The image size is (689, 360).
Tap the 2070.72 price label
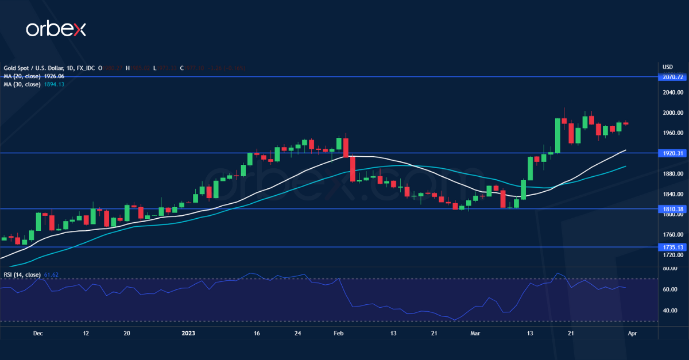click(672, 77)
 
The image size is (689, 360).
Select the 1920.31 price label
click(672, 153)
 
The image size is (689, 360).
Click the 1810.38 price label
click(672, 209)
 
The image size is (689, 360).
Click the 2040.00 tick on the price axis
click(672, 92)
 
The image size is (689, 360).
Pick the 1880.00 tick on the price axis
click(672, 173)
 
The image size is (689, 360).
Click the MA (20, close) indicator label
click(22, 76)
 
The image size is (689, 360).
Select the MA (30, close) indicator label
click(22, 84)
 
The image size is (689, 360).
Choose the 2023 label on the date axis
click(188, 333)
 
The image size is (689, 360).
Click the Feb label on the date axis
click(338, 333)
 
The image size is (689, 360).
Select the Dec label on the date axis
click(38, 333)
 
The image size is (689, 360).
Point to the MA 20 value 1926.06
click(53, 76)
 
